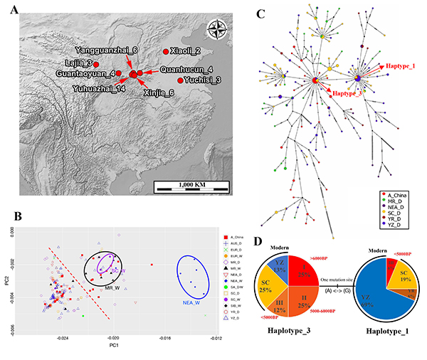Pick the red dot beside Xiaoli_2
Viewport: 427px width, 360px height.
(x=167, y=51)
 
